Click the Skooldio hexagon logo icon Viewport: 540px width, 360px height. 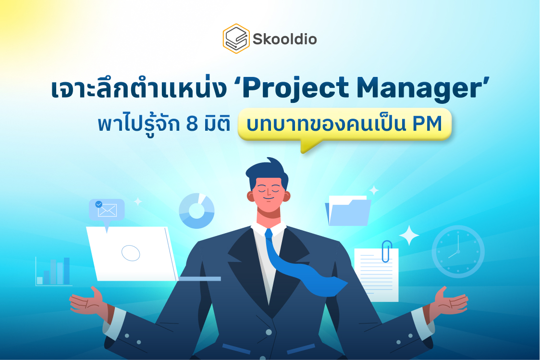point(236,38)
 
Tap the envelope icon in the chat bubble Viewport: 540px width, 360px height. point(107,211)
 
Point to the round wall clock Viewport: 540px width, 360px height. point(458,252)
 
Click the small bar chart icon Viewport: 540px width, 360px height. point(54,272)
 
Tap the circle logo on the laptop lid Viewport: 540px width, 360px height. point(131,253)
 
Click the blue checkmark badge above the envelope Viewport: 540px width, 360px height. point(99,204)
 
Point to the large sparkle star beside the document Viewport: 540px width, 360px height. point(409,235)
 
